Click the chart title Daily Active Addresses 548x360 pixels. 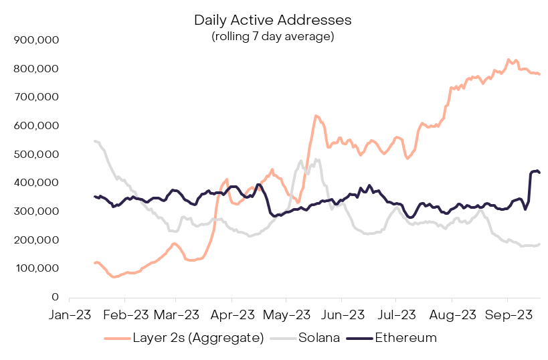[272, 20]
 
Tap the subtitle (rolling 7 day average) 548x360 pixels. [272, 36]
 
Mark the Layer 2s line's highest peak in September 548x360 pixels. [509, 60]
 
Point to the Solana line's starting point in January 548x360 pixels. [94, 141]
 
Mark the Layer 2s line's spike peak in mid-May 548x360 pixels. [315, 116]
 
